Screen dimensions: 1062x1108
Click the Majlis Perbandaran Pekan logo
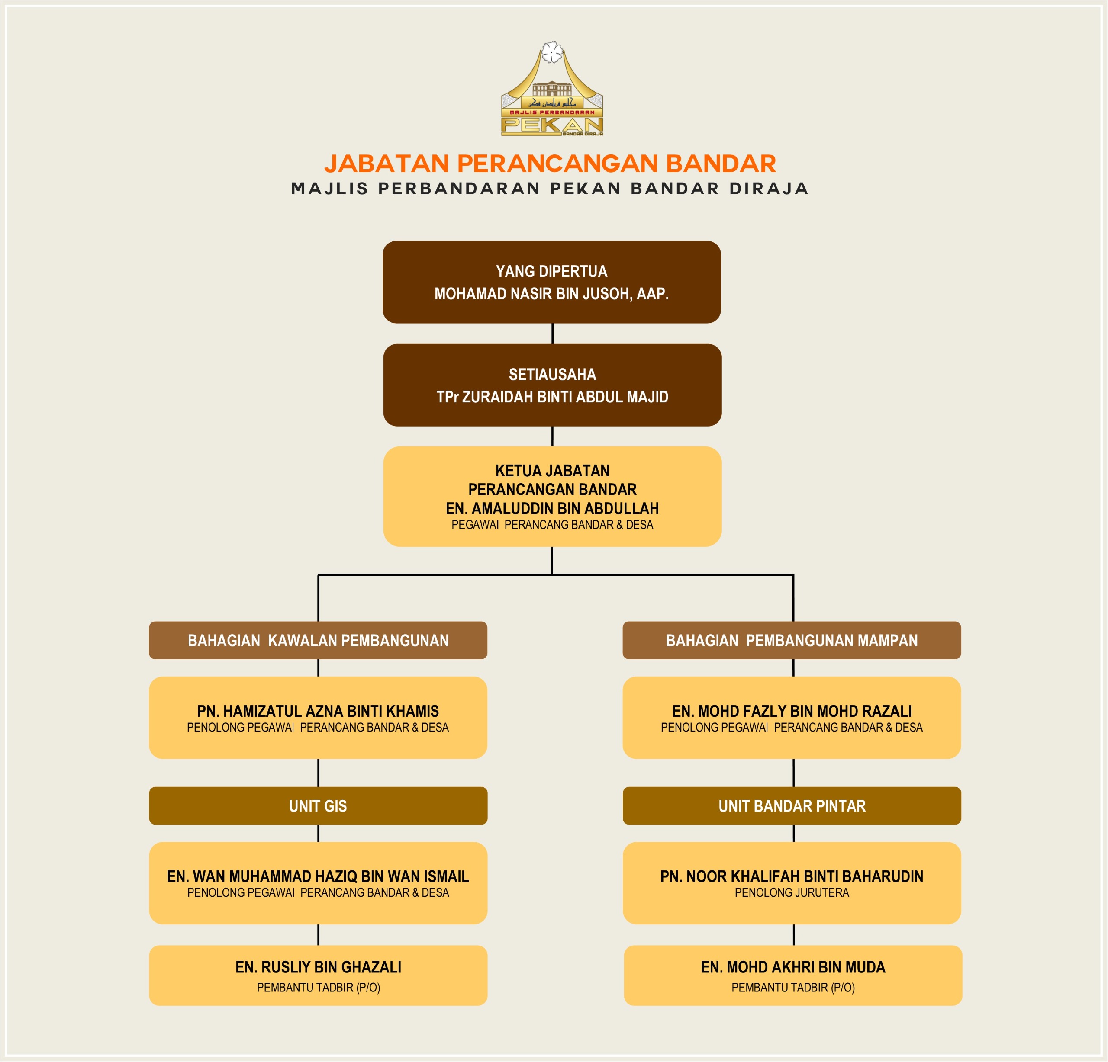(552, 90)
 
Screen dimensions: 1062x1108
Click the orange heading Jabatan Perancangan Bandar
(550, 163)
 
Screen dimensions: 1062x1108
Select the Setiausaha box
(552, 385)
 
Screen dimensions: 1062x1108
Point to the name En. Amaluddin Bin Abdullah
(552, 508)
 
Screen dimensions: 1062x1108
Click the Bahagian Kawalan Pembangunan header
(318, 640)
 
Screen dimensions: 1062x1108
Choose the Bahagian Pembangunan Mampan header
(792, 640)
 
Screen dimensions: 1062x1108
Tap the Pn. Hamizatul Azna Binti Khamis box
(318, 717)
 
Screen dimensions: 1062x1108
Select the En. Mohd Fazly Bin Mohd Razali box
(792, 717)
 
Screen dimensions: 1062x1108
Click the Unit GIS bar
(318, 805)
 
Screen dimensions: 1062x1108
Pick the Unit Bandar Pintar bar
(792, 805)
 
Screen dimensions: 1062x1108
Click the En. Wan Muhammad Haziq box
(318, 883)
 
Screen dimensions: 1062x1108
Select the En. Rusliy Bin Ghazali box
(318, 975)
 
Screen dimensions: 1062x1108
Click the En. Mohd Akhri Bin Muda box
(792, 975)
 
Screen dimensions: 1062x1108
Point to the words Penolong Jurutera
(792, 892)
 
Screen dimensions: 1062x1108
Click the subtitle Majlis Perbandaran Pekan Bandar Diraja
(550, 189)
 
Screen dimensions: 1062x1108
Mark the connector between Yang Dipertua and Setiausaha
(552, 333)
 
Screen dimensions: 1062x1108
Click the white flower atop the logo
(552, 52)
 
